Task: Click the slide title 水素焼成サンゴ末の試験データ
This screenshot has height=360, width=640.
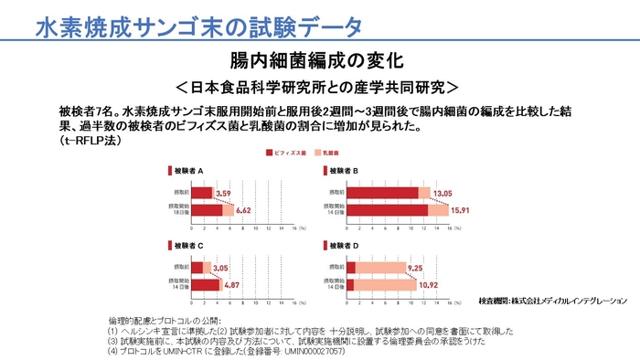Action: [x=198, y=26]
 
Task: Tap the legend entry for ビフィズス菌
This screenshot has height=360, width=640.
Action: [x=292, y=154]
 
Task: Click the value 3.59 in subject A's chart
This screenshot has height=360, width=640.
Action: [x=224, y=193]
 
